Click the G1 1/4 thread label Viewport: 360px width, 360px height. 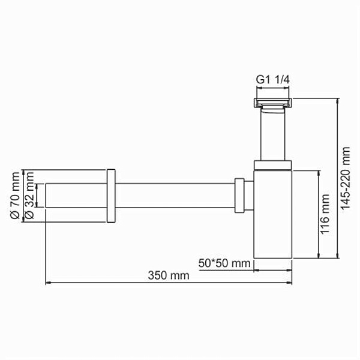(274, 78)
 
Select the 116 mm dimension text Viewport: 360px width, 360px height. (325, 214)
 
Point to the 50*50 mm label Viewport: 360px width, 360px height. (224, 263)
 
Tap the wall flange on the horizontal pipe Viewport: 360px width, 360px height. (110, 196)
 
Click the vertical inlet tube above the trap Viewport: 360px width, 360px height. (273, 135)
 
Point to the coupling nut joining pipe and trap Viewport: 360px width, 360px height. (240, 196)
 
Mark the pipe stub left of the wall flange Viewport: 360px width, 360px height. (76, 196)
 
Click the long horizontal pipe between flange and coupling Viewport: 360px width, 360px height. (174, 196)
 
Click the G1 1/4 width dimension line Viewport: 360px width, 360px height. (273, 88)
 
